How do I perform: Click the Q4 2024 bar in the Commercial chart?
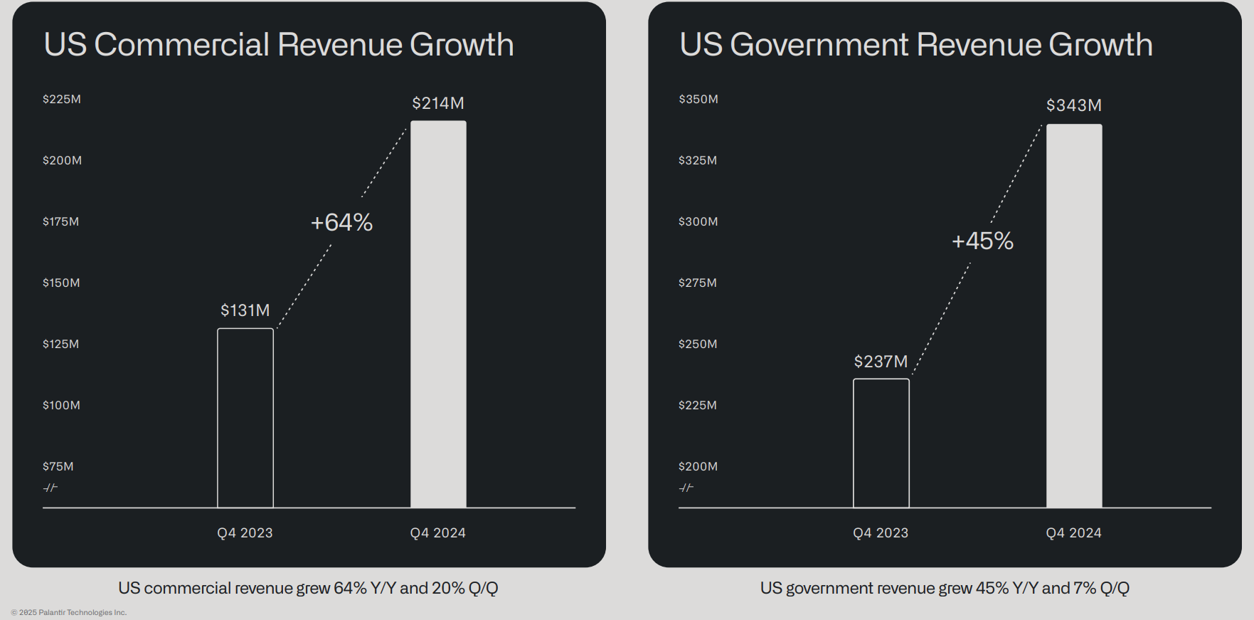[438, 314]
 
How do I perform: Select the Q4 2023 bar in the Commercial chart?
[245, 418]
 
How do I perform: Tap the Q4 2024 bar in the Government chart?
[1074, 316]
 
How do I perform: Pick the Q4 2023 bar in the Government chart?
[881, 443]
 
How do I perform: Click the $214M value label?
[438, 103]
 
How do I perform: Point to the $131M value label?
[245, 310]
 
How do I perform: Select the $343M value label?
[1074, 105]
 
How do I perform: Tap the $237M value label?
[881, 362]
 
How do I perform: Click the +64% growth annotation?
[342, 222]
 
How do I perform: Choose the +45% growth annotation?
[983, 241]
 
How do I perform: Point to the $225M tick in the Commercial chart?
[62, 99]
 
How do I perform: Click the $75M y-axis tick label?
[58, 466]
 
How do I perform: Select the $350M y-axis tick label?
[698, 99]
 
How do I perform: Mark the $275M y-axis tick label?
[698, 283]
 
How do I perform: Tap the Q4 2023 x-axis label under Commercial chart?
[245, 532]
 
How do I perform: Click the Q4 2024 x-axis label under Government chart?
[1074, 532]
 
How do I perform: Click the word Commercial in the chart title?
[182, 44]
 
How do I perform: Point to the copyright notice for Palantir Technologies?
[69, 612]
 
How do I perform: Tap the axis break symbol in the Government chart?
[686, 488]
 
